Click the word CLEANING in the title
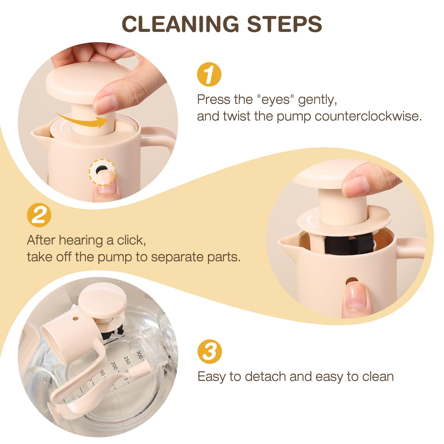(x=180, y=24)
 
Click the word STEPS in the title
(x=284, y=24)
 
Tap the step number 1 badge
(x=209, y=74)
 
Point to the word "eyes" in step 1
(x=276, y=99)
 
